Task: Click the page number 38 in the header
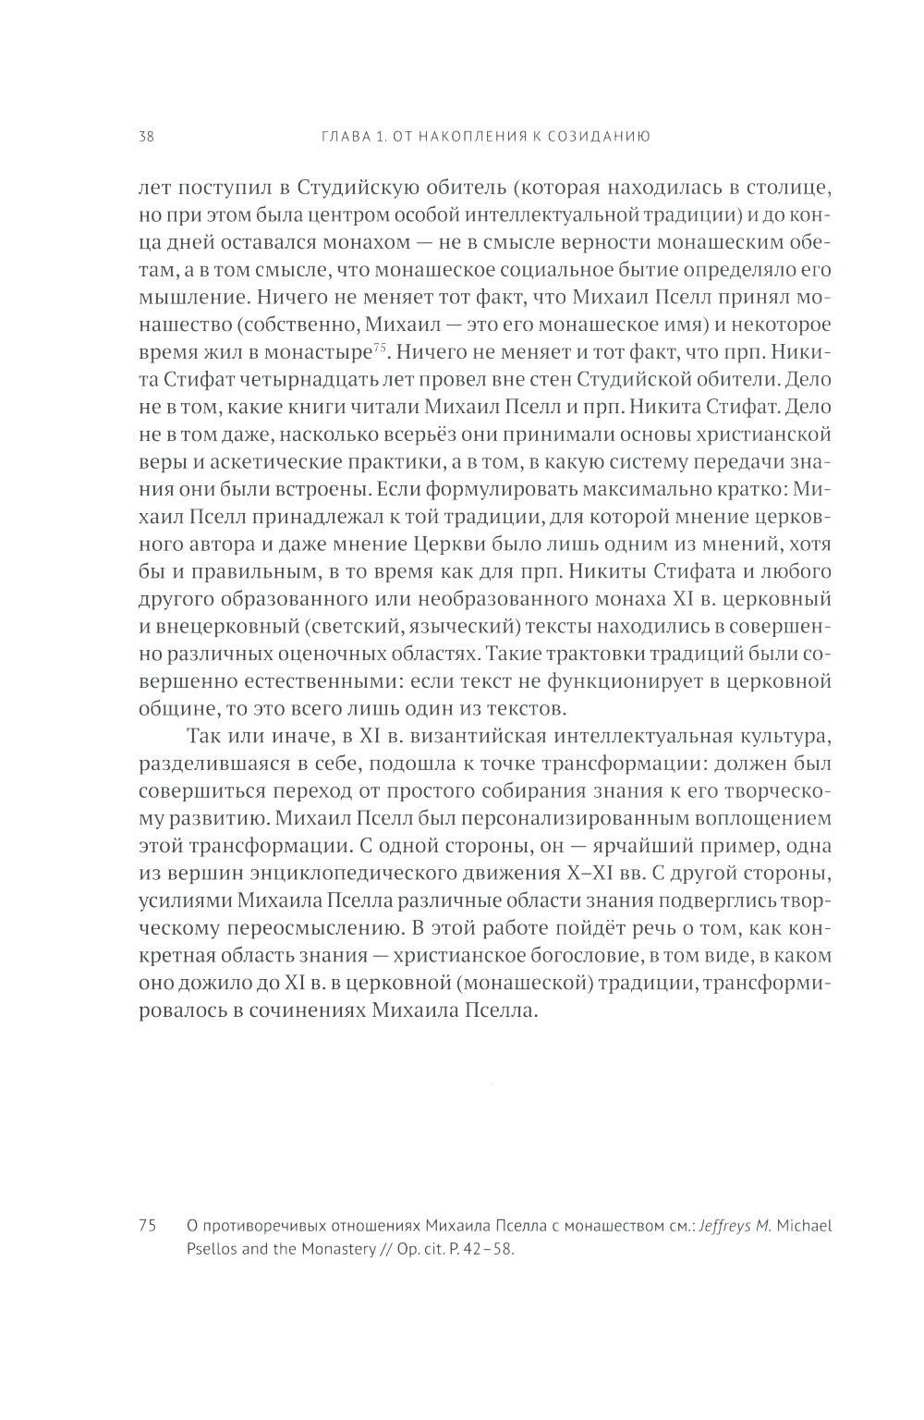(146, 137)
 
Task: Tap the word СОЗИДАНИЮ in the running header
(603, 137)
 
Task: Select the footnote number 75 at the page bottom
(146, 1227)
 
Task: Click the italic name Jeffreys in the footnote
(730, 1227)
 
